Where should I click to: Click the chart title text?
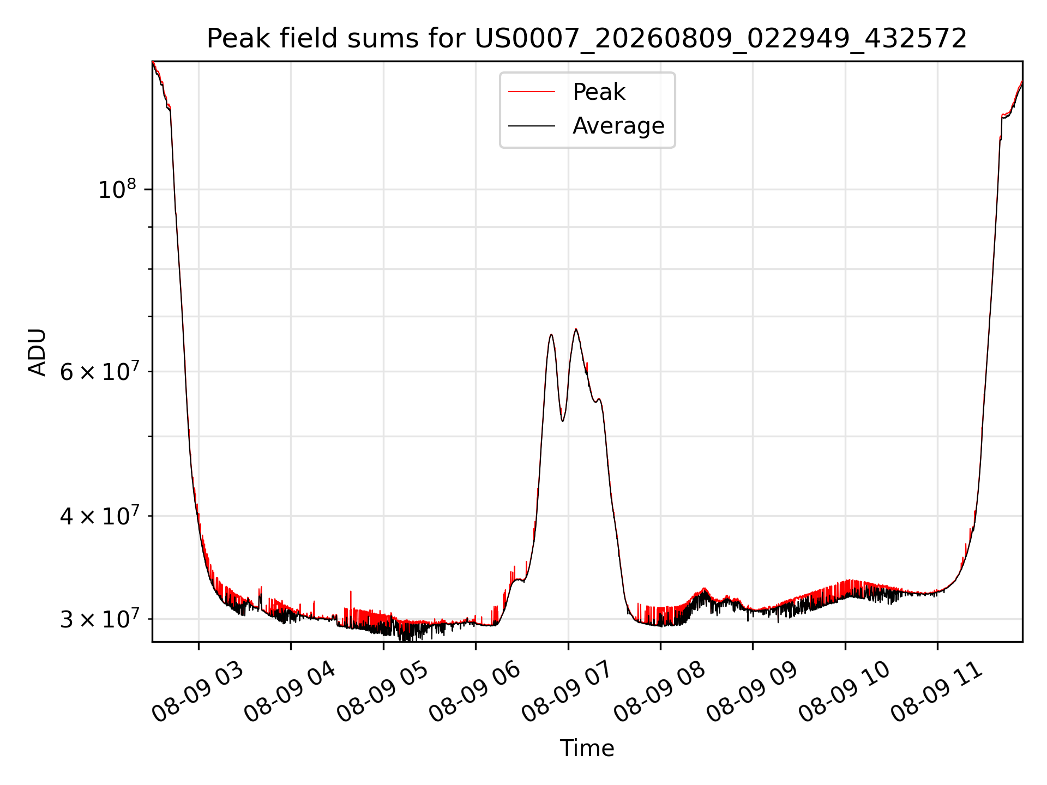pos(587,39)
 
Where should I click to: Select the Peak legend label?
pos(599,92)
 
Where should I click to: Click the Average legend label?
pos(618,126)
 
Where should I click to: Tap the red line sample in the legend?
pos(532,92)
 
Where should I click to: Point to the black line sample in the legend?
pos(532,126)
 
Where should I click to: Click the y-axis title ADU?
pos(37,352)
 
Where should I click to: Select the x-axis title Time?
pos(587,748)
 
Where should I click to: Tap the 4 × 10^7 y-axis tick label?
pos(98,515)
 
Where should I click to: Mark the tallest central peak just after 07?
pos(575,329)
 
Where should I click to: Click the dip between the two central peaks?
pos(563,420)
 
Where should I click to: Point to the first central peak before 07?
pos(551,335)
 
